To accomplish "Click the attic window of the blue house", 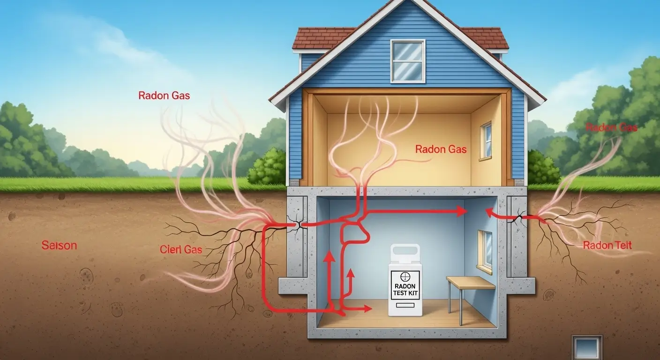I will tap(408, 60).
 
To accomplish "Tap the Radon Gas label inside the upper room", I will tap(441, 150).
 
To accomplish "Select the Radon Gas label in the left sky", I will tap(164, 96).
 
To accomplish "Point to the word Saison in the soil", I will tap(59, 246).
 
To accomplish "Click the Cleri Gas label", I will tap(181, 249).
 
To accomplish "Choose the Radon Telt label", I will tap(607, 245).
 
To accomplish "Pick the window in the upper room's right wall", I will tap(486, 141).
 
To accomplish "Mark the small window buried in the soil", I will tap(587, 347).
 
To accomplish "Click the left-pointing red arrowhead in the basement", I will tap(490, 213).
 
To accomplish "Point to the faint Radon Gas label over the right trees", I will tap(611, 127).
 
